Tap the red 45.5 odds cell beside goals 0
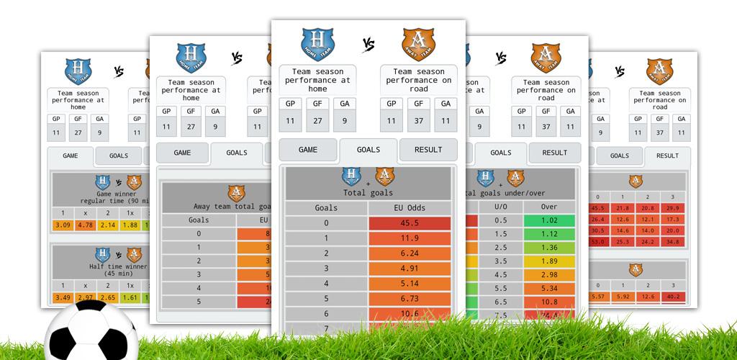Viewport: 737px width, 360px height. point(410,223)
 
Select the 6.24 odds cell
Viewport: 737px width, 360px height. point(410,253)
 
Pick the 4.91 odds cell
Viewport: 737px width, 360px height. point(410,269)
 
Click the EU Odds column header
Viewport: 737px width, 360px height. point(410,208)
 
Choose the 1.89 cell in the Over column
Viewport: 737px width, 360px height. point(549,261)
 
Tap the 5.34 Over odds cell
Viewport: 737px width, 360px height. point(549,288)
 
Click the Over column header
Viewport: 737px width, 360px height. point(549,207)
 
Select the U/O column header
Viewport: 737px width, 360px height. point(500,207)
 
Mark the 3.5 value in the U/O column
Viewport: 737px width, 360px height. point(500,261)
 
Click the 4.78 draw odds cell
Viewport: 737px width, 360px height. point(85,225)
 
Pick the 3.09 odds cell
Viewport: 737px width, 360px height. point(63,225)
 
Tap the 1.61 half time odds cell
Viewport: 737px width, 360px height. point(130,297)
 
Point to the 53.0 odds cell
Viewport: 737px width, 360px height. point(597,242)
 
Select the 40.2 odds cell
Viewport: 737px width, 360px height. point(672,296)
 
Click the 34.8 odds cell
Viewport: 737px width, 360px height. point(672,242)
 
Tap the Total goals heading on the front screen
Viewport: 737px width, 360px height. point(368,193)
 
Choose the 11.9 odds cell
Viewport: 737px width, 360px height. point(410,238)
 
